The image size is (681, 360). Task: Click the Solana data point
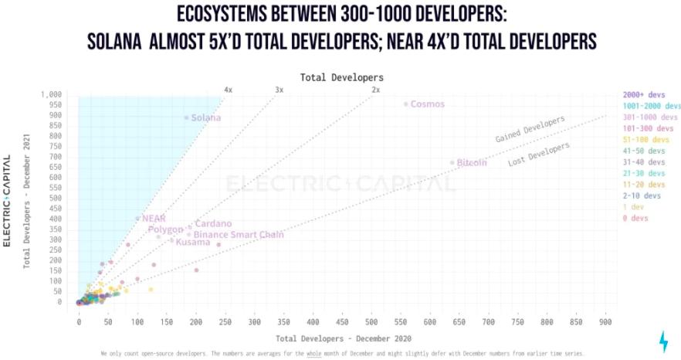click(186, 117)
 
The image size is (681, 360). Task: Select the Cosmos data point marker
click(405, 104)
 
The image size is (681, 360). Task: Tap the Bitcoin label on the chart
click(472, 163)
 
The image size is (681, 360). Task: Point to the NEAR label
click(154, 219)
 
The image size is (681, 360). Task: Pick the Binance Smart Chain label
click(239, 234)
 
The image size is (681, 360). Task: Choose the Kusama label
click(193, 243)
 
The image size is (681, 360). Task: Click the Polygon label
click(165, 229)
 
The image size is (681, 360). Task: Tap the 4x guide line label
click(228, 90)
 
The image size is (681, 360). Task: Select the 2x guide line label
click(375, 90)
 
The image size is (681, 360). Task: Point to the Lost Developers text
click(539, 155)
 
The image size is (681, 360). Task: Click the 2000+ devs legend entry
click(645, 94)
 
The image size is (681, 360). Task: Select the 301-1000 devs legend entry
click(648, 117)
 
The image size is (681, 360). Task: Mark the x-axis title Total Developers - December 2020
click(344, 338)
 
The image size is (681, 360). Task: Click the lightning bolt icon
click(663, 341)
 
